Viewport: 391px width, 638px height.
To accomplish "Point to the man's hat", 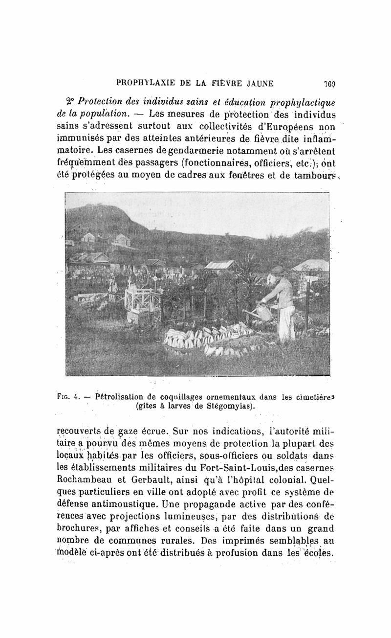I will click(278, 271).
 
